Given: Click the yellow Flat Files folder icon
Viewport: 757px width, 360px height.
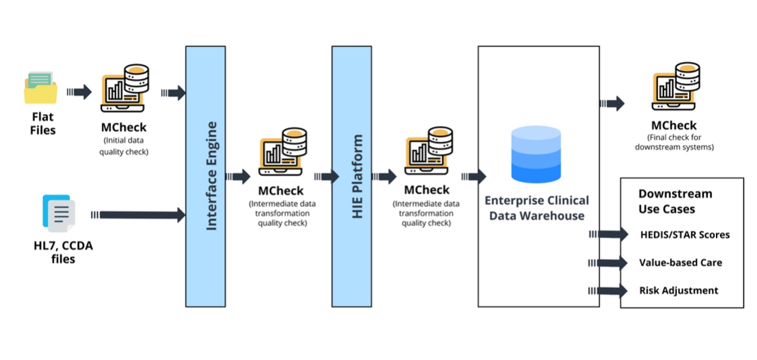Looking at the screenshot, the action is click(40, 88).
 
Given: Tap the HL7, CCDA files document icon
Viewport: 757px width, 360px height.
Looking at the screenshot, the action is click(59, 213).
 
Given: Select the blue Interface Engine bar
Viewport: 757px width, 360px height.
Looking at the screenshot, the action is click(205, 176).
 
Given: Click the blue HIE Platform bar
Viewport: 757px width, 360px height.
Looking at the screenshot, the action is click(351, 176).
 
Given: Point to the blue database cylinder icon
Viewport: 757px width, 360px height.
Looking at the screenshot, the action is click(536, 154).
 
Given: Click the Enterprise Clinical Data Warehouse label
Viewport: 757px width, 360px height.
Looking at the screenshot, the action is click(537, 208).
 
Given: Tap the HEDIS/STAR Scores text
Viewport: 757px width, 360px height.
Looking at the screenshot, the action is click(684, 235).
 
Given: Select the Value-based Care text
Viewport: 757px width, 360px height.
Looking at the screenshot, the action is click(681, 263).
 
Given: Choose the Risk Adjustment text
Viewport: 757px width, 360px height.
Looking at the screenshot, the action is click(679, 290).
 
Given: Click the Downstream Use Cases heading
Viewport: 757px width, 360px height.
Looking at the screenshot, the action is click(675, 201).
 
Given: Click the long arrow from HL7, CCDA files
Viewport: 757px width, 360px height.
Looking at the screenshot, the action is click(138, 215).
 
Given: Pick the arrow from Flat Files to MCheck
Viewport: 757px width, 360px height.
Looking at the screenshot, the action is click(79, 92).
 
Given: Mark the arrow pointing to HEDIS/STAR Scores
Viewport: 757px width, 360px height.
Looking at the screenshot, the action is click(608, 234).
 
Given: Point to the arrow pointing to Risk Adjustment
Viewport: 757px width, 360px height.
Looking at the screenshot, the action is click(608, 291).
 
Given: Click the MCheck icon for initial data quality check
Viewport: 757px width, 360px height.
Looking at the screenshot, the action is click(125, 88).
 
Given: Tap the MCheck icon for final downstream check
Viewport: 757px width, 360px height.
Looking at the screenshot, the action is click(676, 86).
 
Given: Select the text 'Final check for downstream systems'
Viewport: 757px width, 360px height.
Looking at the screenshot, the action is click(674, 142).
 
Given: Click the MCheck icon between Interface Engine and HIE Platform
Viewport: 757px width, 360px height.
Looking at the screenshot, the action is click(283, 152).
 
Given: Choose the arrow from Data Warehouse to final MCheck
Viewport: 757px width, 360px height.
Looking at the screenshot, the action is click(612, 104).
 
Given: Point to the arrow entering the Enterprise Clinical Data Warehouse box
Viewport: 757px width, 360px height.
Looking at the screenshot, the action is click(474, 176).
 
